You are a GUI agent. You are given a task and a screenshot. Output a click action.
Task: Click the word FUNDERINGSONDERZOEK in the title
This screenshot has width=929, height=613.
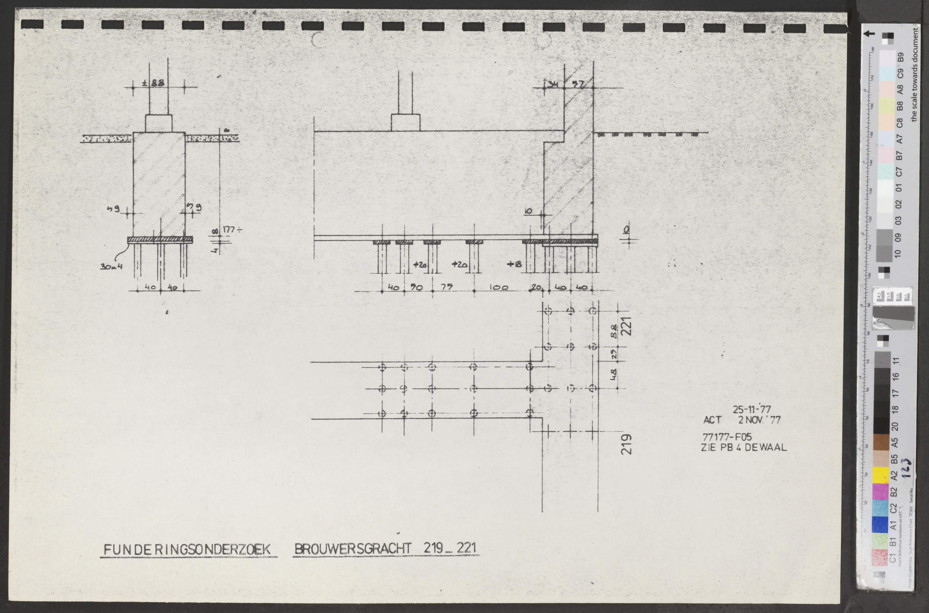pos(187,549)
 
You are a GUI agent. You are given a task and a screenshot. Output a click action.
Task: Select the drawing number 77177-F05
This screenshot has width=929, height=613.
pos(727,437)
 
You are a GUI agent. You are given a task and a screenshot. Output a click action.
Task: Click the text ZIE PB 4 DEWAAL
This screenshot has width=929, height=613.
pos(743,447)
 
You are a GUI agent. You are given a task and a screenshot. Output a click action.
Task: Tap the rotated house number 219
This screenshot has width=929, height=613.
pos(626,444)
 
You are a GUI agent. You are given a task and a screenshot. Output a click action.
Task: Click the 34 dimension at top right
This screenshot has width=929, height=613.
pos(553,84)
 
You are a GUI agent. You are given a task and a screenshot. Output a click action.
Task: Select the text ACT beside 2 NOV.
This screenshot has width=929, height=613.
pos(712,420)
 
